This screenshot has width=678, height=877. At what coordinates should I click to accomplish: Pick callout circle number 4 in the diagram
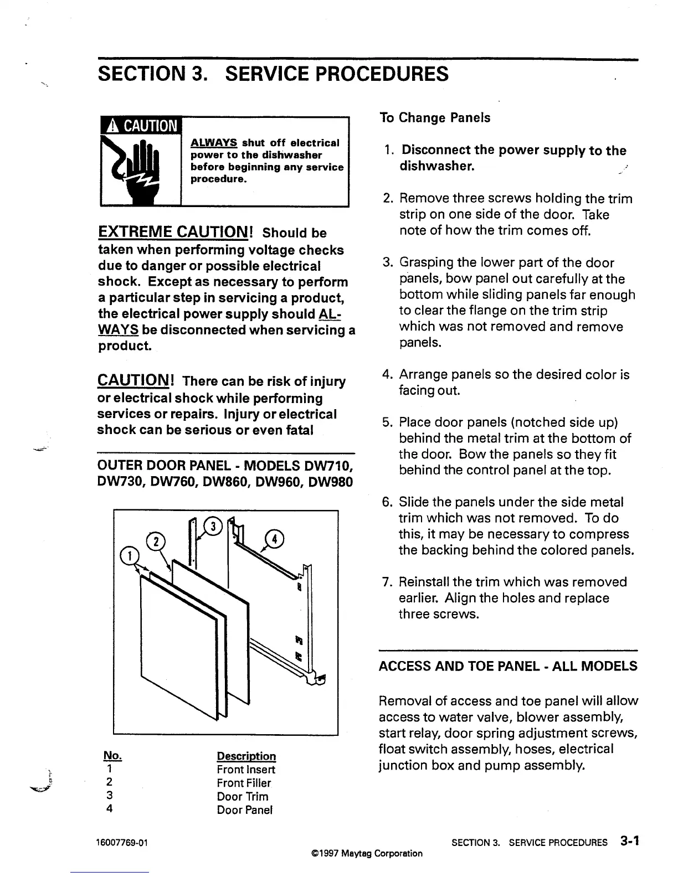click(275, 537)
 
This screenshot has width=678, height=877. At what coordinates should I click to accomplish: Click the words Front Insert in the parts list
click(246, 770)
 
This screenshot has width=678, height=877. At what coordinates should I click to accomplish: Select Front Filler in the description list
click(244, 783)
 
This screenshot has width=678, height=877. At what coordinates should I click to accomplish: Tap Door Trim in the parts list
click(243, 797)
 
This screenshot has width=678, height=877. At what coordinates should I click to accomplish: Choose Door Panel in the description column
click(245, 810)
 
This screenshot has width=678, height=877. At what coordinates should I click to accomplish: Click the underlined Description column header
click(246, 756)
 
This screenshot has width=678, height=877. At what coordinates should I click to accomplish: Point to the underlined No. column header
click(112, 756)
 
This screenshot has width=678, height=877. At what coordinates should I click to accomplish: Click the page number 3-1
click(630, 842)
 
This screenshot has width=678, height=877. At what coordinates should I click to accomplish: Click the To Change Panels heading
click(435, 118)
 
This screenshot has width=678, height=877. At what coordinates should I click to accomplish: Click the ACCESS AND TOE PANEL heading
click(507, 666)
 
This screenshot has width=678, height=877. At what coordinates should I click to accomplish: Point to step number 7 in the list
click(387, 582)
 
